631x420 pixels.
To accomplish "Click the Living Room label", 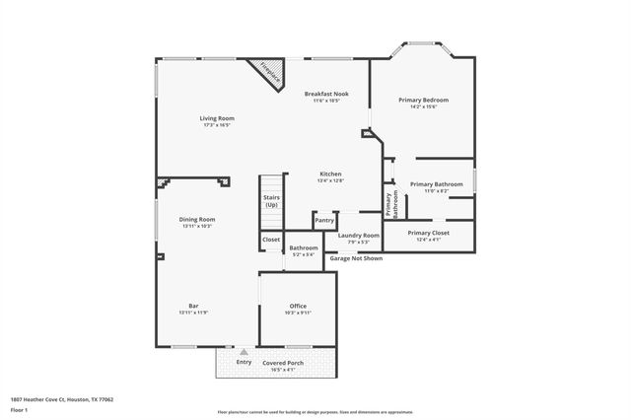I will [218, 118].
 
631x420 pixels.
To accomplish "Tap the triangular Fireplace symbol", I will [266, 71].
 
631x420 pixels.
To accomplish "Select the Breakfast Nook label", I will [325, 94].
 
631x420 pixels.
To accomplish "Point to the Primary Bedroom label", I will [423, 100].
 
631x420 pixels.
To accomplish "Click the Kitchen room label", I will [329, 174].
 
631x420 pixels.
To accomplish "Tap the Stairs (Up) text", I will [271, 201].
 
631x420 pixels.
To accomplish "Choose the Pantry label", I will [324, 221].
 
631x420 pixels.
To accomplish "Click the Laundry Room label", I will [358, 236].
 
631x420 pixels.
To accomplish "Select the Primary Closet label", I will [428, 233].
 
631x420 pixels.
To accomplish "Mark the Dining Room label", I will [197, 219].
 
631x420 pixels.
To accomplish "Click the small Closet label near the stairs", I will [271, 240].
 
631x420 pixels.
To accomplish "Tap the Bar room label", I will [194, 306].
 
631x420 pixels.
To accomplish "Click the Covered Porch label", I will [284, 363].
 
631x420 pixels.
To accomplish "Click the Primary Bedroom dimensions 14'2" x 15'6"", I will [423, 106].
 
